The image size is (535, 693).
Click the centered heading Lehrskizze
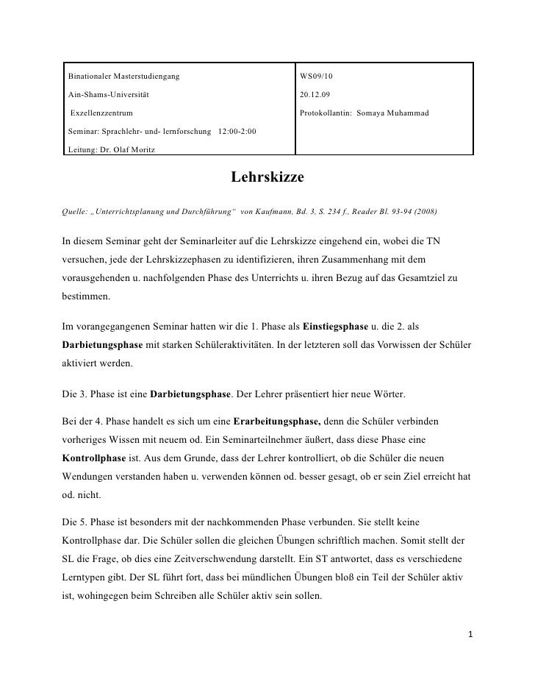[x=267, y=179]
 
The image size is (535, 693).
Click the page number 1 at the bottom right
[x=471, y=633]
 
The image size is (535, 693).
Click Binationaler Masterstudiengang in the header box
[x=122, y=77]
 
